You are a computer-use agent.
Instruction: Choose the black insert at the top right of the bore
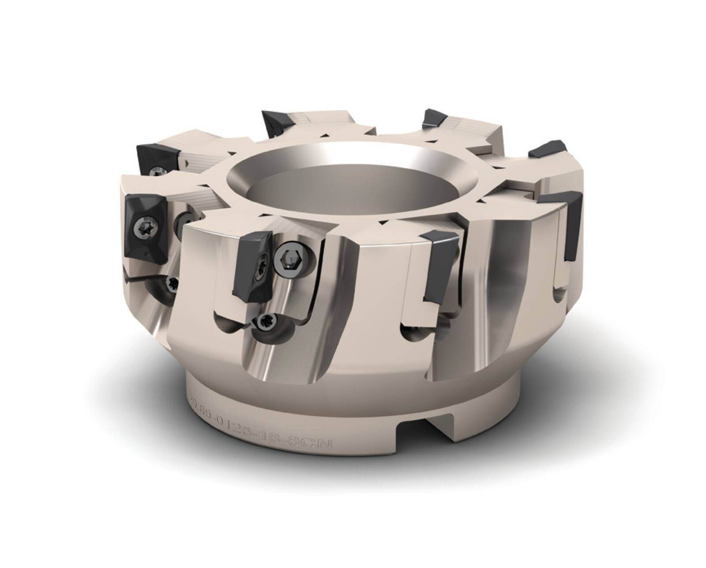coord(435,118)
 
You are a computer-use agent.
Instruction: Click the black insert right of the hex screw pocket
coord(441,265)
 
